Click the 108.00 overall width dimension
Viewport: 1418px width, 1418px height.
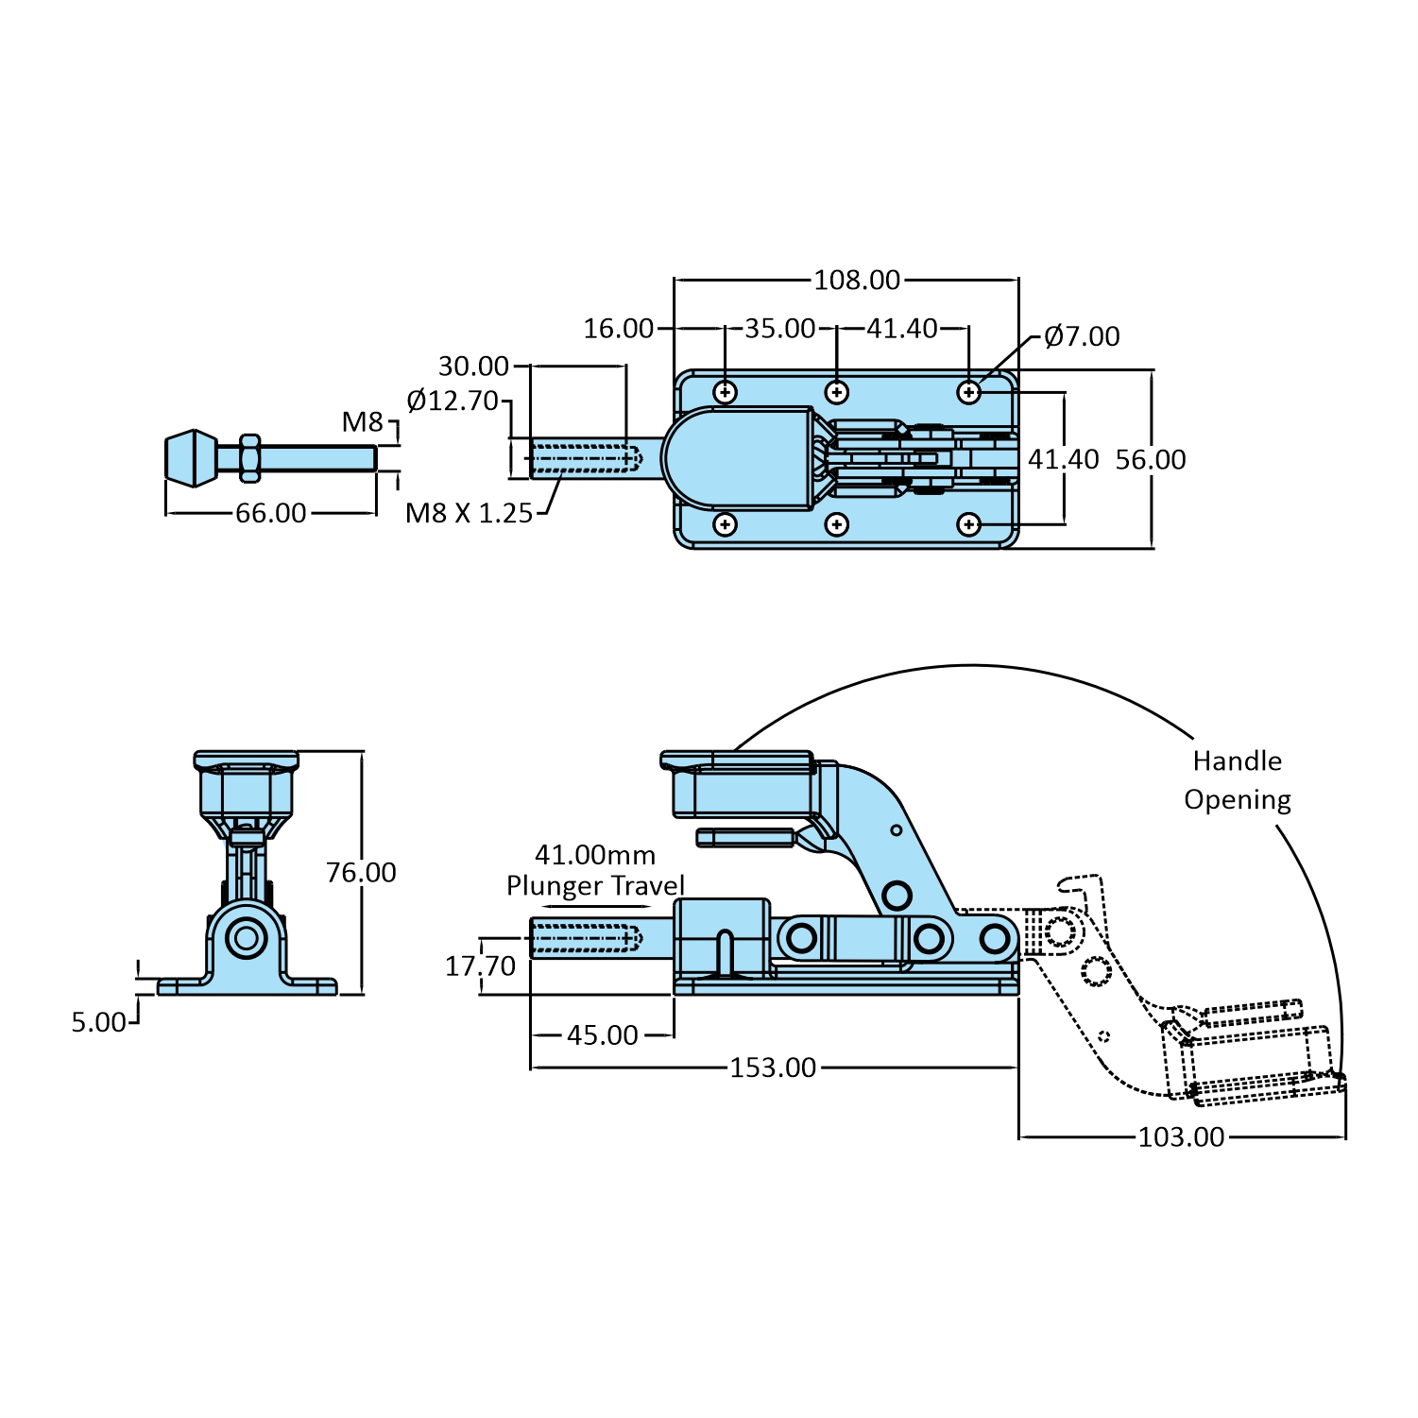857,281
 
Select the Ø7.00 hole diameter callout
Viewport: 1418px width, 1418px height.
1082,336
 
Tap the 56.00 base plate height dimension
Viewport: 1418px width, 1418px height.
1150,460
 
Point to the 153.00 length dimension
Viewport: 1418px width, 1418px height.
772,1068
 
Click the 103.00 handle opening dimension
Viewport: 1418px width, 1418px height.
1180,1136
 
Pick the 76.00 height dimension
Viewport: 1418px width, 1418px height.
361,872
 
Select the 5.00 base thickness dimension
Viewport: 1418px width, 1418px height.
98,1022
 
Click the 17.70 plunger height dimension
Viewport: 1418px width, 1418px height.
480,965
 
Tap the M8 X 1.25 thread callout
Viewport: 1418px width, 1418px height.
469,513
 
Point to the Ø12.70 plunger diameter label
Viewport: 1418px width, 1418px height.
453,401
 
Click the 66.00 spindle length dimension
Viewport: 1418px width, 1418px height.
270,513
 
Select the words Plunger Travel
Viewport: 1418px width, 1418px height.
595,886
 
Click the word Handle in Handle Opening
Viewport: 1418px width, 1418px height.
1237,761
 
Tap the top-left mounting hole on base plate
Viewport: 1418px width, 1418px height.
726,391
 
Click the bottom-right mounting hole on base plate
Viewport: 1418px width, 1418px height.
969,523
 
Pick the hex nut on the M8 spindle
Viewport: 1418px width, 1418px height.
249,458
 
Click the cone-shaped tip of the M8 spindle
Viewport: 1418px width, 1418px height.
192,458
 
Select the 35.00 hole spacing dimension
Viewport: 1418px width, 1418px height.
779,329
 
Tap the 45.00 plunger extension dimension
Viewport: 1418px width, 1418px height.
602,1035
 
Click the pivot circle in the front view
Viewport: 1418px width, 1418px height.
247,938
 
